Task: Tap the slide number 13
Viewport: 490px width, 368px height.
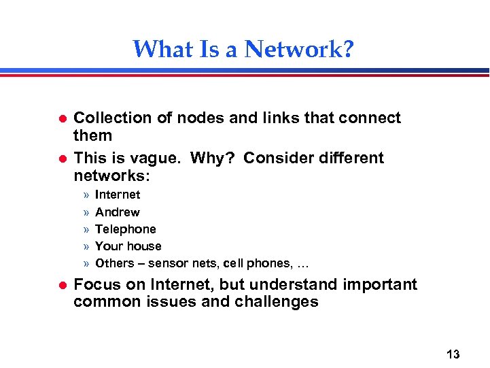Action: [453, 354]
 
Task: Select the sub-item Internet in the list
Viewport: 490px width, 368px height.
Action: [118, 195]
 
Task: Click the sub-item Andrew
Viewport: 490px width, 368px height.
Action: [118, 212]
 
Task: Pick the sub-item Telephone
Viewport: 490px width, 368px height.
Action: [126, 229]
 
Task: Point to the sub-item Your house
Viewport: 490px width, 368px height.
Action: [128, 246]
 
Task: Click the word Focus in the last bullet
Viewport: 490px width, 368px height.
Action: [95, 284]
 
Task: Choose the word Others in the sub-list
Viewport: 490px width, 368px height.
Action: [114, 263]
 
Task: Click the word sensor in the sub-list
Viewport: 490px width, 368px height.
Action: [167, 263]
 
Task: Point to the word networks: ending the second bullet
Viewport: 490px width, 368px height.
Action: [111, 175]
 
